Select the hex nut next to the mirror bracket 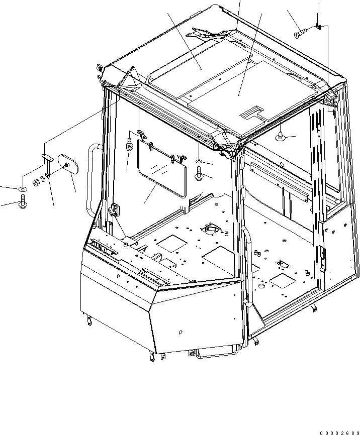tap(36, 182)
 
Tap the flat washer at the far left tap(23, 188)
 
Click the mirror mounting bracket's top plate tap(47, 157)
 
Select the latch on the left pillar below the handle tap(116, 210)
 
